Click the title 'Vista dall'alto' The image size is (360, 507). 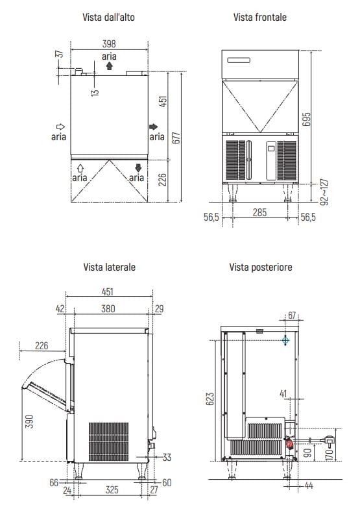click(x=108, y=17)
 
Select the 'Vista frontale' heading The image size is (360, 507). click(x=260, y=17)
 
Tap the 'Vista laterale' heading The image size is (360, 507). click(x=109, y=267)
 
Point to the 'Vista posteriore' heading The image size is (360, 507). click(x=261, y=267)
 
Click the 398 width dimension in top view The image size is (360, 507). click(x=109, y=43)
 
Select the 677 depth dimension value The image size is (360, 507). click(x=176, y=138)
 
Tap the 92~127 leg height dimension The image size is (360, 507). click(x=324, y=192)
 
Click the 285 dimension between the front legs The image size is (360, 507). click(x=260, y=212)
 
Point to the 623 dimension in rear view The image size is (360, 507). click(x=210, y=399)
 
